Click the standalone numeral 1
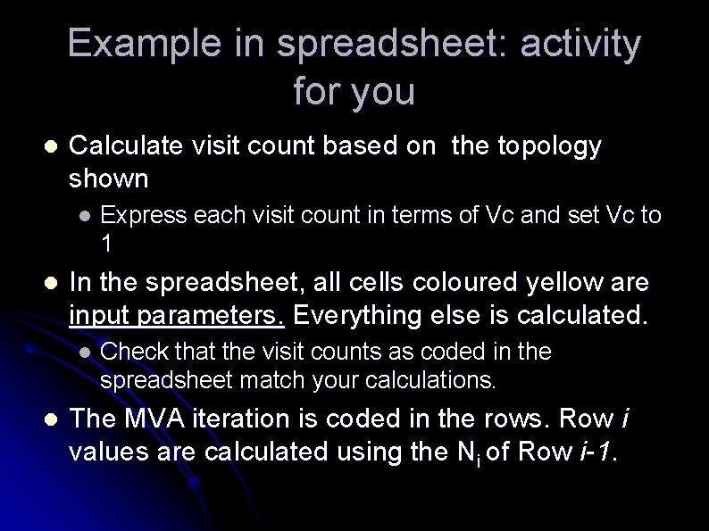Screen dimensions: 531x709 coord(107,243)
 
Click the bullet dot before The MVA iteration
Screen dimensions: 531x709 coord(50,419)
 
